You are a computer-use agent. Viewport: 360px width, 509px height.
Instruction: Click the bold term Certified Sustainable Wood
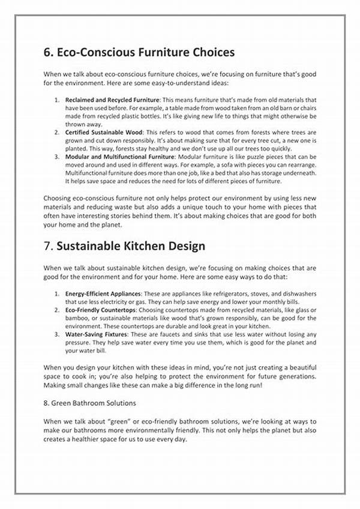[103, 131]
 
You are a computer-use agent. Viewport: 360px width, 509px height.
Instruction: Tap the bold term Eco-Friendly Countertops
[98, 310]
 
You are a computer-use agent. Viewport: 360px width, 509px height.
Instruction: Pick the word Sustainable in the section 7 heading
[92, 246]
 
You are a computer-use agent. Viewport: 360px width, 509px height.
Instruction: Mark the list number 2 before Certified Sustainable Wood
[56, 131]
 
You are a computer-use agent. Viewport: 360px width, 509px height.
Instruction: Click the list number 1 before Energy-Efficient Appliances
[56, 294]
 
